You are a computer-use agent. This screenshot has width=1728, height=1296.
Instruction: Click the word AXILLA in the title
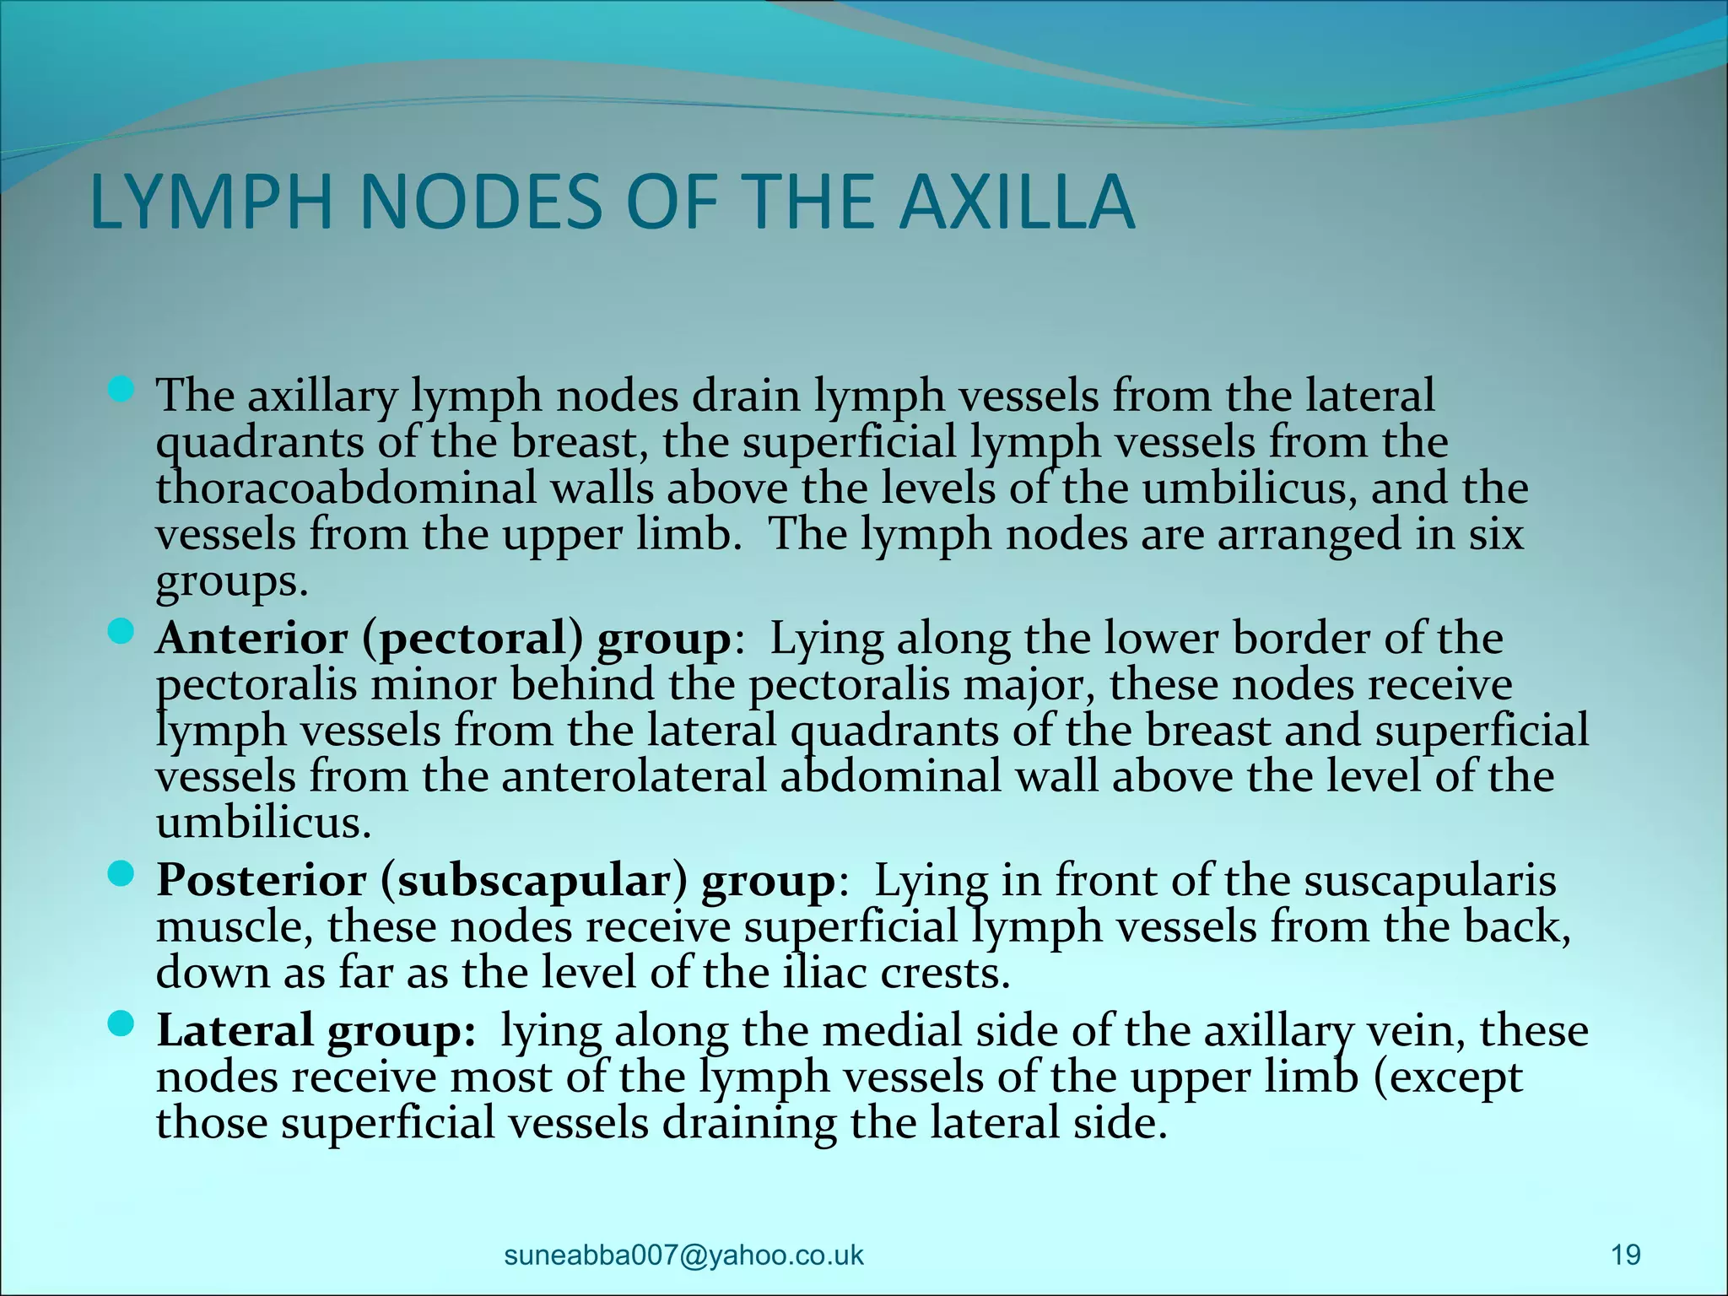pyautogui.click(x=1017, y=202)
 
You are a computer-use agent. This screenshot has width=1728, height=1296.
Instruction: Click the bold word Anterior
pyautogui.click(x=251, y=639)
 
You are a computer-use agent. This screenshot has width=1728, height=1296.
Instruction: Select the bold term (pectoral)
pyautogui.click(x=472, y=639)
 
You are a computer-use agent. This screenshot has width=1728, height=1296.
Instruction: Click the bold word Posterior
pyautogui.click(x=261, y=881)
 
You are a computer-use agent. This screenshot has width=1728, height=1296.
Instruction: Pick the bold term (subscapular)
pyautogui.click(x=533, y=881)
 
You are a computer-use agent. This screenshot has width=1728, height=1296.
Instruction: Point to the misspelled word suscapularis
pyautogui.click(x=1429, y=881)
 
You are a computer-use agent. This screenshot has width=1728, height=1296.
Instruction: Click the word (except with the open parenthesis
pyautogui.click(x=1448, y=1078)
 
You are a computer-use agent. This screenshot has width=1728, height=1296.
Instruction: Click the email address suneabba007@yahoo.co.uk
pyautogui.click(x=683, y=1255)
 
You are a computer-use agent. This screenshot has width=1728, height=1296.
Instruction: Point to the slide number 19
pyautogui.click(x=1626, y=1255)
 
